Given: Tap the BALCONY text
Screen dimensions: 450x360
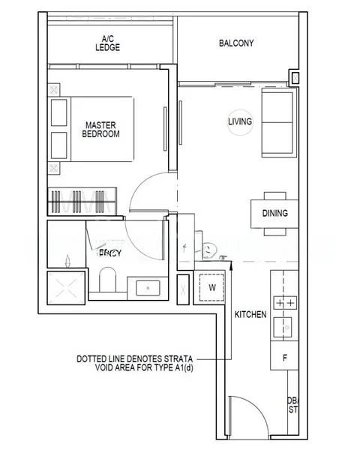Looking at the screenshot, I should point(235,43).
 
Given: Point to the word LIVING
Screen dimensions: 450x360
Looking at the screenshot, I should point(240,121).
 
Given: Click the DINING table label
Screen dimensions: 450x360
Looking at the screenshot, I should point(274,213).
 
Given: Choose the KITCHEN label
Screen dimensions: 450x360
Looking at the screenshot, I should point(250,315).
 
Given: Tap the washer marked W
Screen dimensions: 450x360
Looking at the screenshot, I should point(211,286).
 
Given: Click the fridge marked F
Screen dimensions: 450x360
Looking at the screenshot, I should point(284,358).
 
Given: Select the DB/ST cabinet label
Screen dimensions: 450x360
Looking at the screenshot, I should point(292,405).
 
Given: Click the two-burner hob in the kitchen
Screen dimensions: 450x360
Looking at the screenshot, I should point(285,303).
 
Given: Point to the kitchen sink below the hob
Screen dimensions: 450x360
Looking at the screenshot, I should point(285,328).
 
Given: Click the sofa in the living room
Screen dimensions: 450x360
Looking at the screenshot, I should point(277,120).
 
